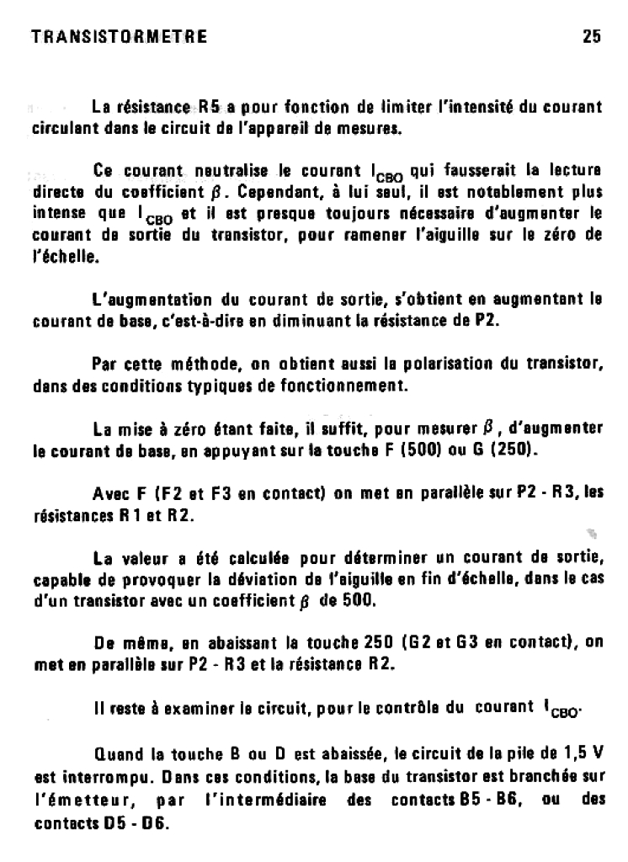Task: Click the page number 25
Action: pos(590,37)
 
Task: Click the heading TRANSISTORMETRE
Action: pos(119,37)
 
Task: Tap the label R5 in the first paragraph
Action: pos(210,108)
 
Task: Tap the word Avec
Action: pos(111,493)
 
